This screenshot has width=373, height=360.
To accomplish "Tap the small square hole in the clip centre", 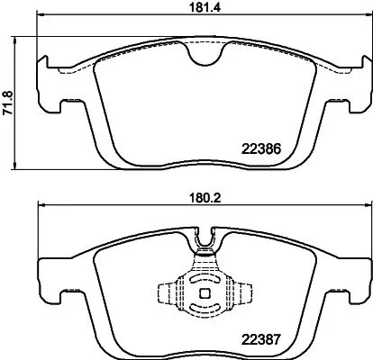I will coord(206,291).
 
